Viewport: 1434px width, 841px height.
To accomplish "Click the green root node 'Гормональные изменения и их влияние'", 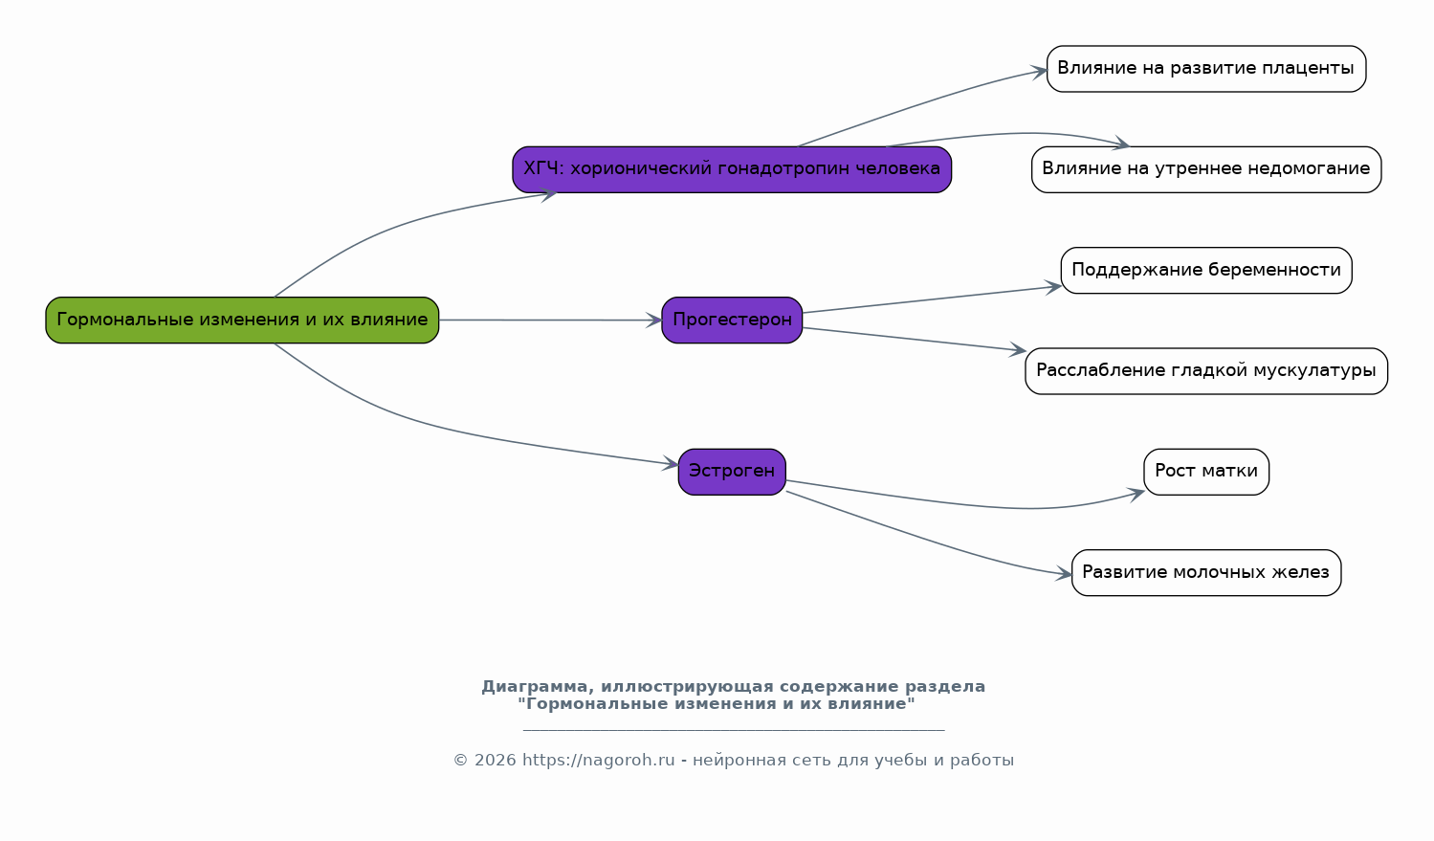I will coord(242,320).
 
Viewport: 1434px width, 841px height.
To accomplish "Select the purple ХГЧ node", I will coord(732,169).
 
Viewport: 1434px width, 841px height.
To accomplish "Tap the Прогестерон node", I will coord(732,320).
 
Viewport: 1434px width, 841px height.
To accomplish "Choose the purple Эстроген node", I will coord(732,471).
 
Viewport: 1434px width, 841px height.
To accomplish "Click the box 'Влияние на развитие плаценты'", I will coord(1205,69).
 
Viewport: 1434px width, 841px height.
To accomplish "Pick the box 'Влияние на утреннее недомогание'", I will coord(1205,169).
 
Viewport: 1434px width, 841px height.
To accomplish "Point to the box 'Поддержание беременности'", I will coord(1205,270).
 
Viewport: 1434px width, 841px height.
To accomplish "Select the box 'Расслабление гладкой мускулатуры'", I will coord(1205,370).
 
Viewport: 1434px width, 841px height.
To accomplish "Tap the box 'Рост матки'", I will coord(1205,471).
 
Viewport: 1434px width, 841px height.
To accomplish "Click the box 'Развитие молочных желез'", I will coord(1205,572).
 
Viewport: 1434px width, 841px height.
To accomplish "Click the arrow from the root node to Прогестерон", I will coord(550,320).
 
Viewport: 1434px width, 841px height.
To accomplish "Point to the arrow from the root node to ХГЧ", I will coord(402,224).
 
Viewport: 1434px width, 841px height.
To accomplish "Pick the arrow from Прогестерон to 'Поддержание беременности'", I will coord(933,299).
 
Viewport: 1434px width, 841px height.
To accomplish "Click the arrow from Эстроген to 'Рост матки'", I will coord(957,501).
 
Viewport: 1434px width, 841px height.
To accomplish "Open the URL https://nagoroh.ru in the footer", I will coord(598,761).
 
